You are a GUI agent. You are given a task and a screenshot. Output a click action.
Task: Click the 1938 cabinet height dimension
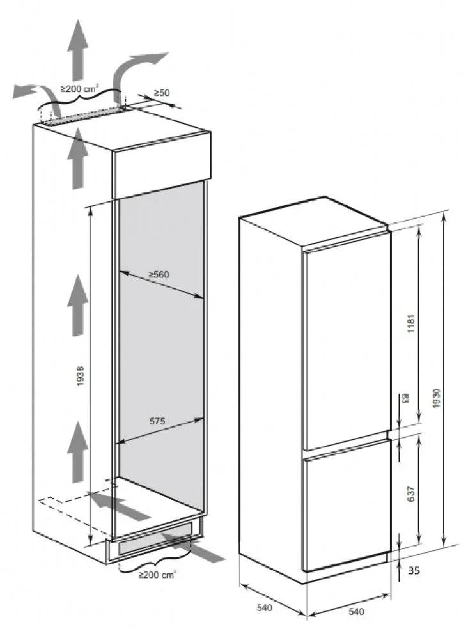81,377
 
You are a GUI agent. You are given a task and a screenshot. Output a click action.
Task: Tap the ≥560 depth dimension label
159,274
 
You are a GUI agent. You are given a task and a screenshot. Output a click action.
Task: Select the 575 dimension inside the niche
157,421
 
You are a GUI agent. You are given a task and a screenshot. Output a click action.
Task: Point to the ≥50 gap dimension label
161,93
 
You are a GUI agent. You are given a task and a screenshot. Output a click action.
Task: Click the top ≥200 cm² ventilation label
79,89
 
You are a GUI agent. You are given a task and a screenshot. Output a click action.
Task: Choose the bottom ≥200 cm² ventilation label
157,575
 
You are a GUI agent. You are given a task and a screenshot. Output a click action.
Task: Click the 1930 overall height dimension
437,398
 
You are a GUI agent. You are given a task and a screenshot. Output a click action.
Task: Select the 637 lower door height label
410,494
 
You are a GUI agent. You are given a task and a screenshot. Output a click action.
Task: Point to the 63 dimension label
405,398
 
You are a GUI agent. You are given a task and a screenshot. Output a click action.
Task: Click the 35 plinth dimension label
414,570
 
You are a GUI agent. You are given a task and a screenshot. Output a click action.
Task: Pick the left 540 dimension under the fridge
265,608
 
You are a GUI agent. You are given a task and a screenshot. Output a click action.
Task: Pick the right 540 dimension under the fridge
356,612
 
